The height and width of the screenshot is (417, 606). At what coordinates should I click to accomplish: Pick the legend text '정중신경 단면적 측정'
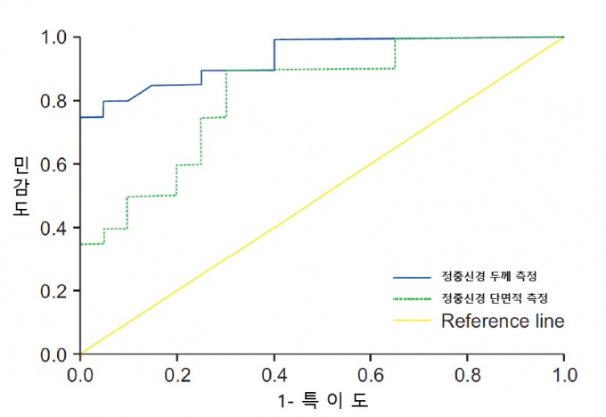[495, 297]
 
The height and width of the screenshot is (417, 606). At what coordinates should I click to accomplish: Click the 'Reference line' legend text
[503, 321]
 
